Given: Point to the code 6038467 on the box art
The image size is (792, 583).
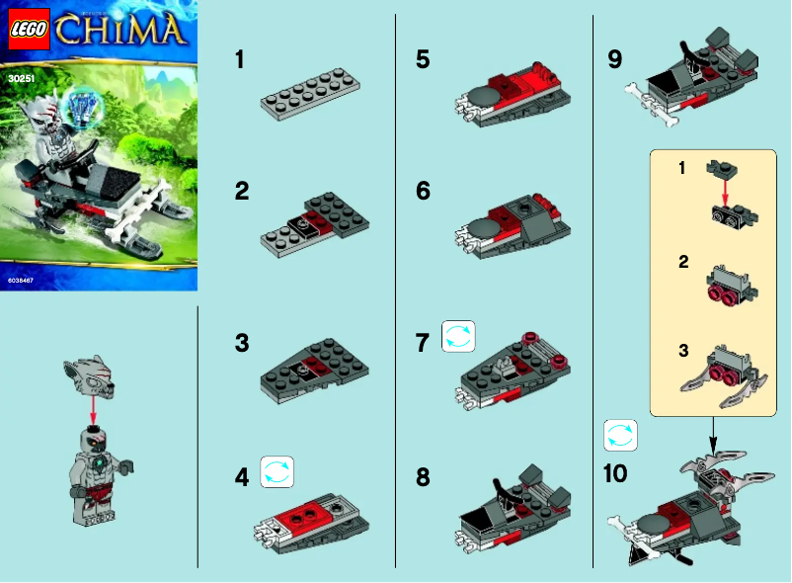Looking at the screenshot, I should click(21, 282).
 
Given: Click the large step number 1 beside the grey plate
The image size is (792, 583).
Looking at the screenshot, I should click(240, 59).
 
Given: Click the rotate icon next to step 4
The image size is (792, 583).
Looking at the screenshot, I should click(277, 471).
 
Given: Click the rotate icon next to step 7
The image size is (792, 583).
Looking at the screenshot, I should click(458, 336).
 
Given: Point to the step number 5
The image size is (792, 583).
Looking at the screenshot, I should click(423, 59).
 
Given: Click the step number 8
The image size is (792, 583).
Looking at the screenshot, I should click(423, 477).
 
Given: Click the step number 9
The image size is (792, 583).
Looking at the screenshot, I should click(615, 59).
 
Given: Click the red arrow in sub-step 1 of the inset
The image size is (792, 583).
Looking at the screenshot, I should click(725, 192).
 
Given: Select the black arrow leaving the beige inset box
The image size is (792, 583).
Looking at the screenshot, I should click(712, 429).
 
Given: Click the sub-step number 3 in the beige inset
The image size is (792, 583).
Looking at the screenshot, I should click(682, 351).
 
